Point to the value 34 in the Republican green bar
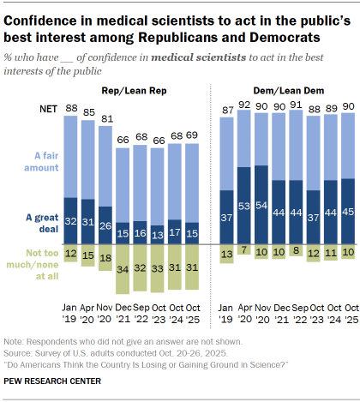click(x=125, y=268)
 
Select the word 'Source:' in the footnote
click(x=21, y=352)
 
